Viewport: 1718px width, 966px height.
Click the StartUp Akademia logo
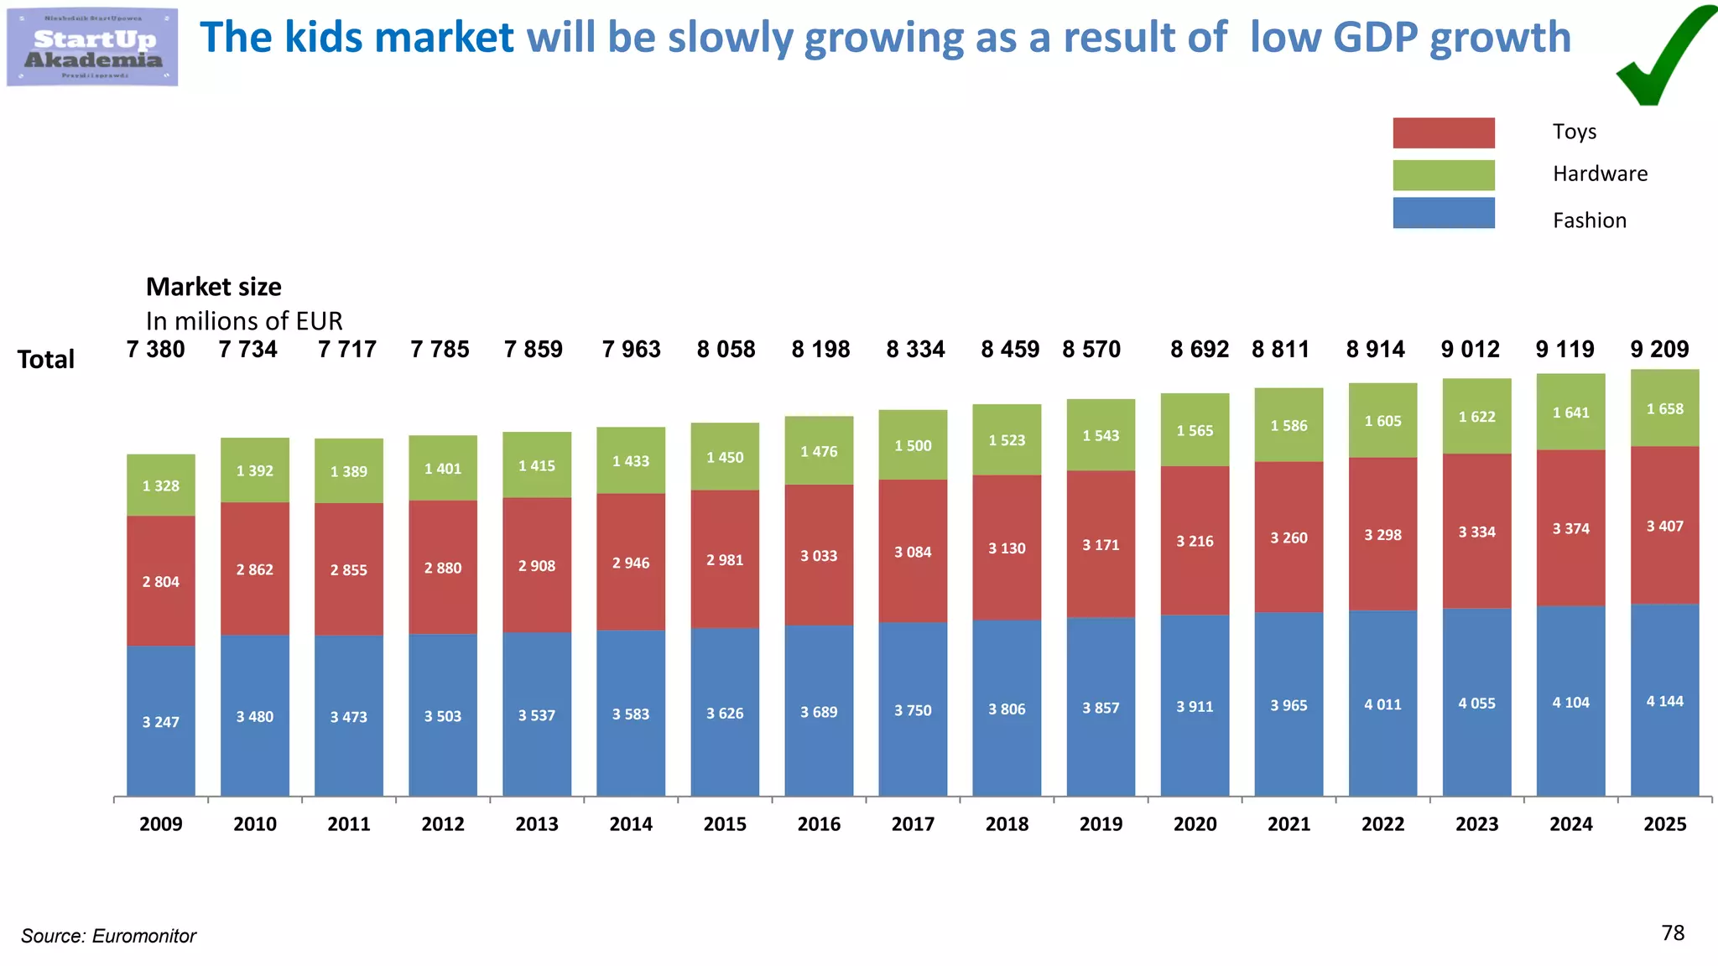[x=92, y=48]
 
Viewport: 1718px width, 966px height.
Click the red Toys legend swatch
[x=1443, y=132]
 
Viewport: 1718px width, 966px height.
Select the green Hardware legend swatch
[x=1443, y=174]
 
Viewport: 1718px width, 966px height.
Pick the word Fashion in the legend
[x=1589, y=221]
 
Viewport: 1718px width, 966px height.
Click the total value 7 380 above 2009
[x=155, y=349]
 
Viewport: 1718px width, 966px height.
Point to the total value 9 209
[x=1658, y=349]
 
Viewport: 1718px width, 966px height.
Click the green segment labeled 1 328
[x=160, y=486]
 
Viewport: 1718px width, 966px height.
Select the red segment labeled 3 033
[x=819, y=555]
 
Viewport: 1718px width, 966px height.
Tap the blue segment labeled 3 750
[x=913, y=710]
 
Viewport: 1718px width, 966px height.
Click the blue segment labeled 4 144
[x=1664, y=701]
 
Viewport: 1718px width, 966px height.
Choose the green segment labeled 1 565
[x=1195, y=430]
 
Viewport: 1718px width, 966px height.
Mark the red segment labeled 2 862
[x=254, y=569]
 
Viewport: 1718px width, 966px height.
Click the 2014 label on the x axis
[x=631, y=823]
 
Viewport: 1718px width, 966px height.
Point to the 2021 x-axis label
[x=1288, y=823]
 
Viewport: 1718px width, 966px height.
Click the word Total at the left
[x=46, y=359]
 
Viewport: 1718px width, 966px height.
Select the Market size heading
[x=213, y=287]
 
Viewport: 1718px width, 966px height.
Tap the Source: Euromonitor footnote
[x=108, y=936]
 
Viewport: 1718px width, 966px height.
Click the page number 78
[x=1672, y=932]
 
